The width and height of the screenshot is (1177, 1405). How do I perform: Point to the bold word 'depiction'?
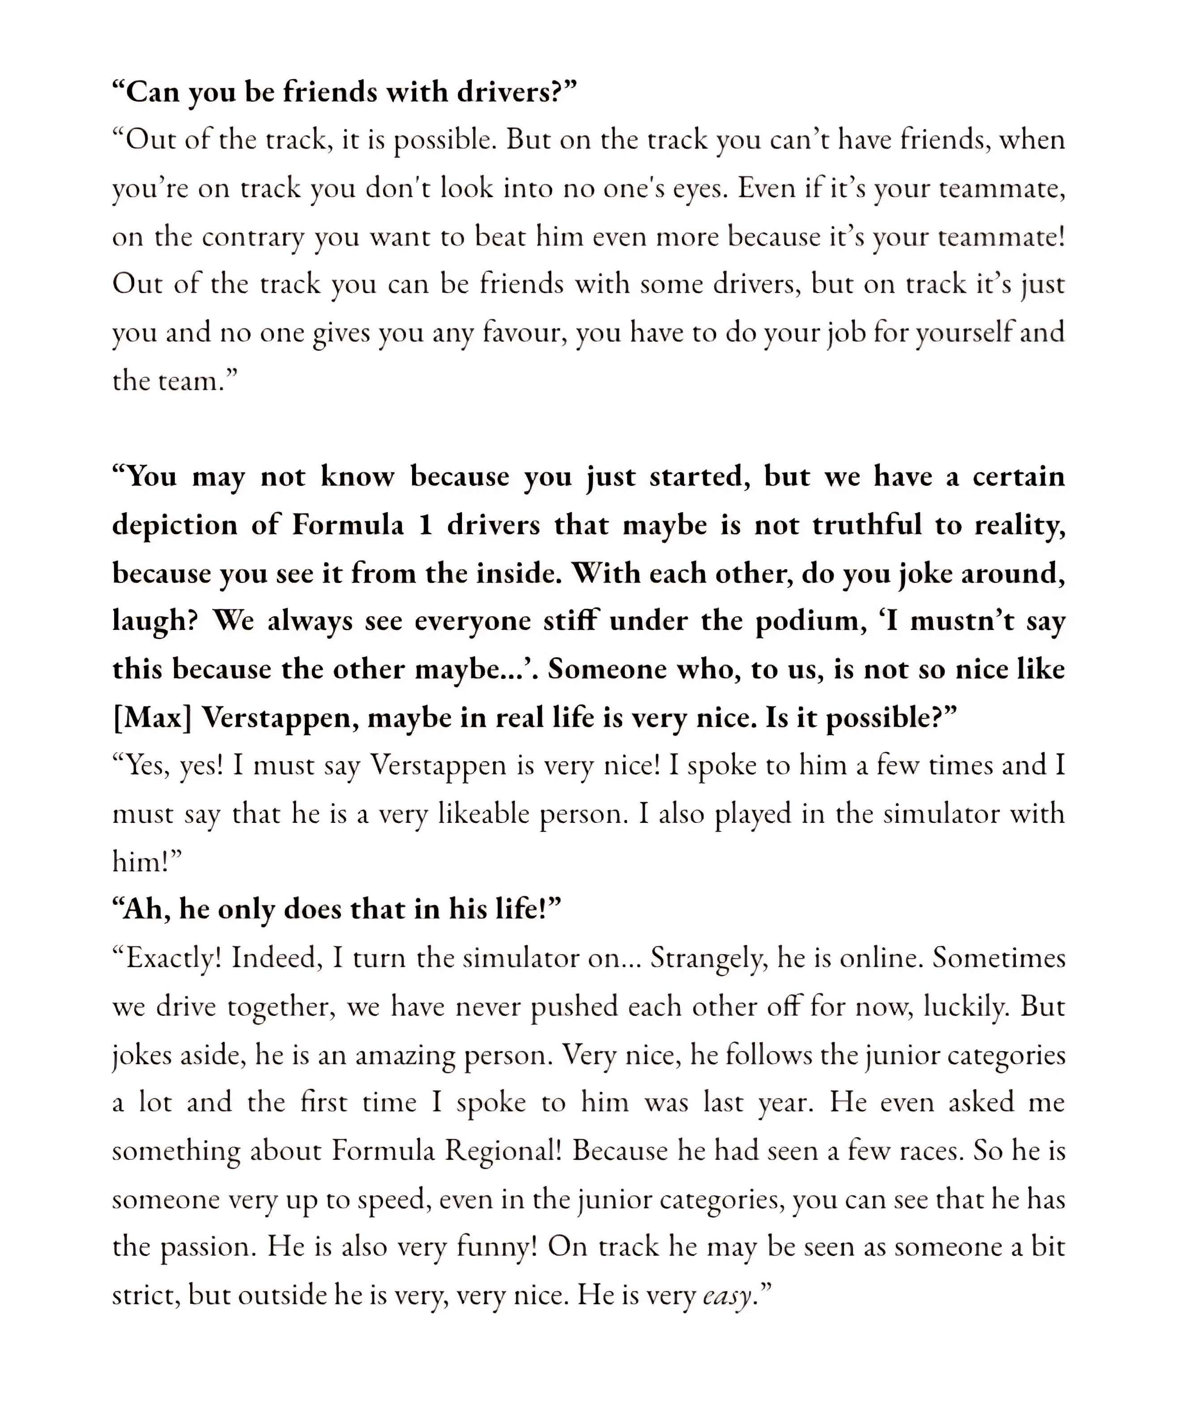(174, 525)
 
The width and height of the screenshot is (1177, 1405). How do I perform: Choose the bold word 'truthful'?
(867, 525)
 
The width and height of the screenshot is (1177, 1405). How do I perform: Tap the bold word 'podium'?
(807, 622)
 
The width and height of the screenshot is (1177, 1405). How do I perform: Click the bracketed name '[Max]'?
(152, 718)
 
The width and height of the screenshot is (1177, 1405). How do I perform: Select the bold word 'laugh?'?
(154, 622)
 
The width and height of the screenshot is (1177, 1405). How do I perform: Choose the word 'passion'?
(208, 1248)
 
